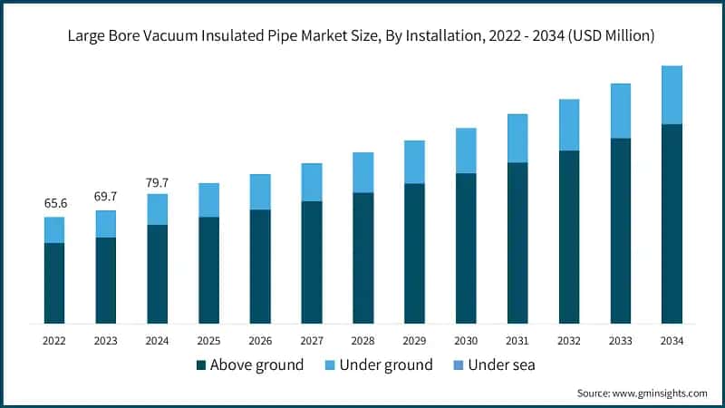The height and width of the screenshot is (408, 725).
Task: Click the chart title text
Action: point(362,35)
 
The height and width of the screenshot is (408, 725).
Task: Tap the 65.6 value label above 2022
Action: point(55,203)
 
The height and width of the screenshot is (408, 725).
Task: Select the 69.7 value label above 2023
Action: point(106,197)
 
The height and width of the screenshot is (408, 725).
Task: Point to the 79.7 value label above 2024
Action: point(158,182)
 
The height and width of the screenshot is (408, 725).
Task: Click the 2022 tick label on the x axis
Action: point(55,341)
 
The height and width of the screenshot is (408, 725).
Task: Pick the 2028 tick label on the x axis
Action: point(362,341)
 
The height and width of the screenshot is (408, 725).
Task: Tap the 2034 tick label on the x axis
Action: point(672,341)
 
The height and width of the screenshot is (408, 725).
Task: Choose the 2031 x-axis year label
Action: point(517,341)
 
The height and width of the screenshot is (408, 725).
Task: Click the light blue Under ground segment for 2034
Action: point(672,95)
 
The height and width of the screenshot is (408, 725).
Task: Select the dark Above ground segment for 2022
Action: point(55,283)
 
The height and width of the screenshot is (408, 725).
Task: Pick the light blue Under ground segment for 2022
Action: point(55,230)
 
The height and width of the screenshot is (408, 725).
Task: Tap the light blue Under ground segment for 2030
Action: point(466,151)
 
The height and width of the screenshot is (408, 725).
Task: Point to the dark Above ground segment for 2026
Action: point(260,267)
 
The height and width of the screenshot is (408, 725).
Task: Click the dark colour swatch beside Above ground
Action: point(200,365)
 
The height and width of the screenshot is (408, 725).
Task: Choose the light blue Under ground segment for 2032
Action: point(569,125)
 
